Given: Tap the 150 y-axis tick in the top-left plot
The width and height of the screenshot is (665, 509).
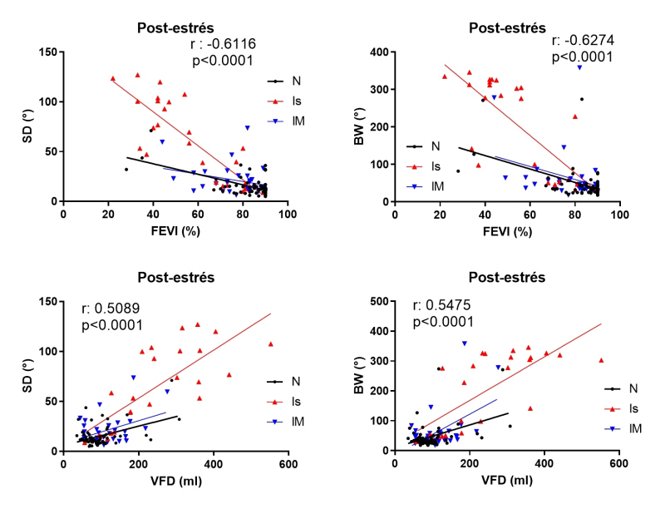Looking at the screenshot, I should (x=48, y=52).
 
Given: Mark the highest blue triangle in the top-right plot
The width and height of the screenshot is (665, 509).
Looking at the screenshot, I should (x=579, y=67).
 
